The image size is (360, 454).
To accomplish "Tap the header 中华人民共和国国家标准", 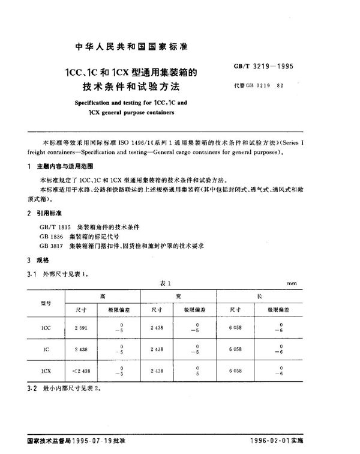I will click(131, 47).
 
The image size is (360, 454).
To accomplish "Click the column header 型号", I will click(46, 304).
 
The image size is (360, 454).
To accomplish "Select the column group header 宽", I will click(178, 295).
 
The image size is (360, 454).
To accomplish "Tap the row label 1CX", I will click(46, 371).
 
